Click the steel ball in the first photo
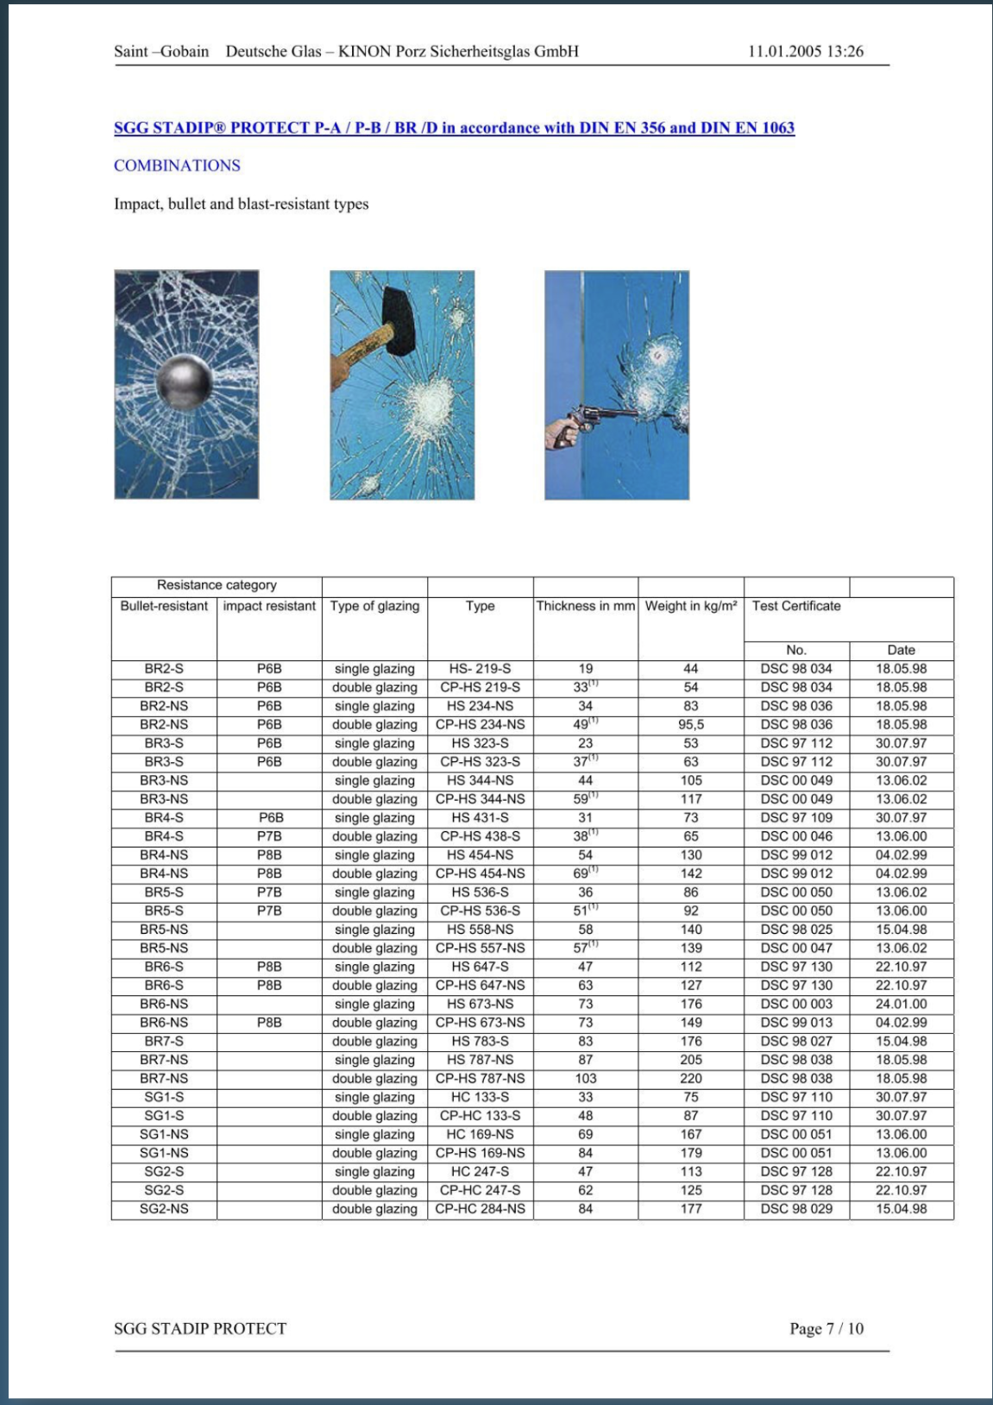tap(184, 382)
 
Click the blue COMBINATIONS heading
tap(177, 166)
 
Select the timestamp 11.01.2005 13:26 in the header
tap(805, 52)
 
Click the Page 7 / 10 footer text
tap(826, 1328)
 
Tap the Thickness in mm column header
tap(585, 606)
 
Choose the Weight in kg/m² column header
tap(691, 606)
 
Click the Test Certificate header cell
tap(795, 606)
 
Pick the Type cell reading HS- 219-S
tap(480, 669)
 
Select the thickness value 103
tap(585, 1079)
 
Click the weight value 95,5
tap(691, 725)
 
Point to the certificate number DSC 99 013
tap(796, 1023)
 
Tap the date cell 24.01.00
tap(901, 1004)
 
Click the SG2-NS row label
tap(164, 1209)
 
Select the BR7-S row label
tap(164, 1042)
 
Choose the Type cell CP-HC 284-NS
tap(480, 1209)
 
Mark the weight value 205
tap(691, 1060)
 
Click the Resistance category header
tap(217, 585)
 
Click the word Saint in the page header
tap(130, 52)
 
